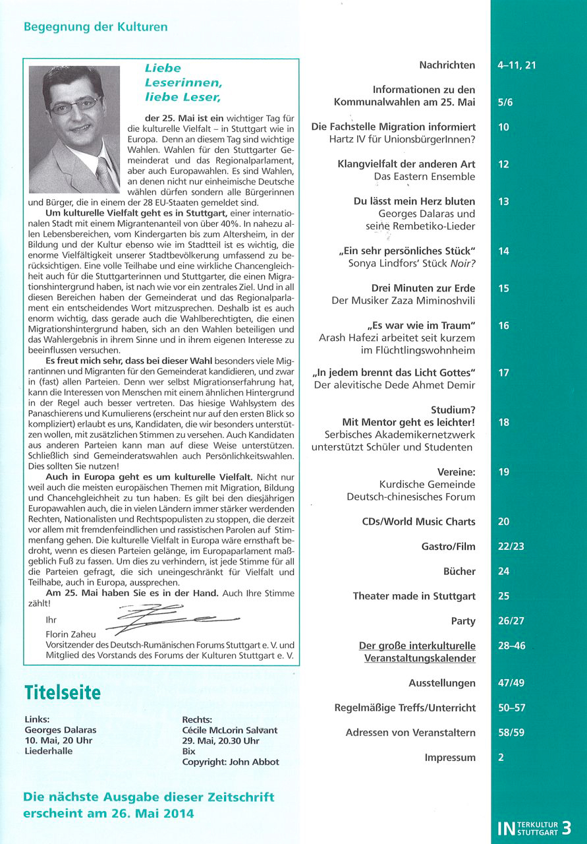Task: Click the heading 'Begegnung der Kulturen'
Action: (x=96, y=27)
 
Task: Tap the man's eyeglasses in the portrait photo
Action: (x=76, y=104)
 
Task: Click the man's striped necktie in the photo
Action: (x=105, y=174)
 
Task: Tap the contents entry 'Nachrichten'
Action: (x=447, y=65)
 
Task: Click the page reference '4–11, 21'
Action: (x=518, y=65)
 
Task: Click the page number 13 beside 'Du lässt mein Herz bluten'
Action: (x=504, y=202)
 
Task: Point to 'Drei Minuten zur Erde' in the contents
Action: (x=424, y=288)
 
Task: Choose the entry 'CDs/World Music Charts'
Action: (x=418, y=522)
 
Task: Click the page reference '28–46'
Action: (x=512, y=646)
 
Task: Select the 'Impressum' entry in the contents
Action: (x=450, y=758)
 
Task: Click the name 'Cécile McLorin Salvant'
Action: (x=230, y=730)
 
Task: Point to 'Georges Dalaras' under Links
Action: (x=59, y=730)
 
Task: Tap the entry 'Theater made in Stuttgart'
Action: (x=414, y=596)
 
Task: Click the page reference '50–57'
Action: (x=512, y=708)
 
